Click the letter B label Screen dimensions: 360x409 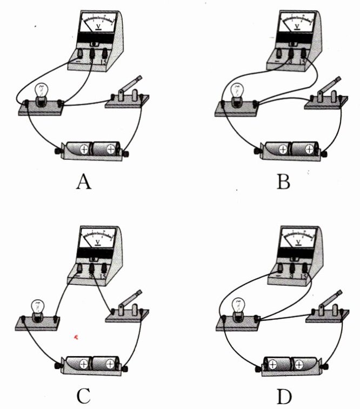283,182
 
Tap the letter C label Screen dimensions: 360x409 83,396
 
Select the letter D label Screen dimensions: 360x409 283,396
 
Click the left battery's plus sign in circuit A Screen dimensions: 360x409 85,149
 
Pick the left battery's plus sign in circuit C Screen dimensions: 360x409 84,364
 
